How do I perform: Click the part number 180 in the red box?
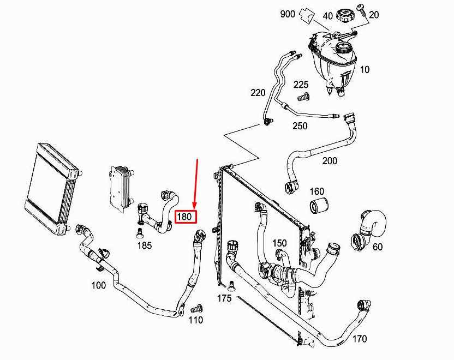point(185,217)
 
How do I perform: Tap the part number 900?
point(288,14)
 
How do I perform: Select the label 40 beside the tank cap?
point(327,16)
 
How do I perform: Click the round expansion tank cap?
point(344,15)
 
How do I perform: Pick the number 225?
point(301,85)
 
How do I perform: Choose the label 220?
point(258,93)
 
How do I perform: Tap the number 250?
point(300,126)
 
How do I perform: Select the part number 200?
point(330,160)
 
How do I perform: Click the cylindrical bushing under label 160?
point(319,206)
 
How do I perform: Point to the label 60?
point(378,247)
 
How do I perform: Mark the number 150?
point(279,243)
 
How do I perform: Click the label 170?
point(359,339)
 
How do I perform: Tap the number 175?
point(224,298)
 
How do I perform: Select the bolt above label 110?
point(196,309)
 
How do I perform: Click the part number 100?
point(98,285)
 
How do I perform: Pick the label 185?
point(145,245)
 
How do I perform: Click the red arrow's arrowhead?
point(194,206)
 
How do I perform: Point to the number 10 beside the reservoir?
point(365,69)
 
